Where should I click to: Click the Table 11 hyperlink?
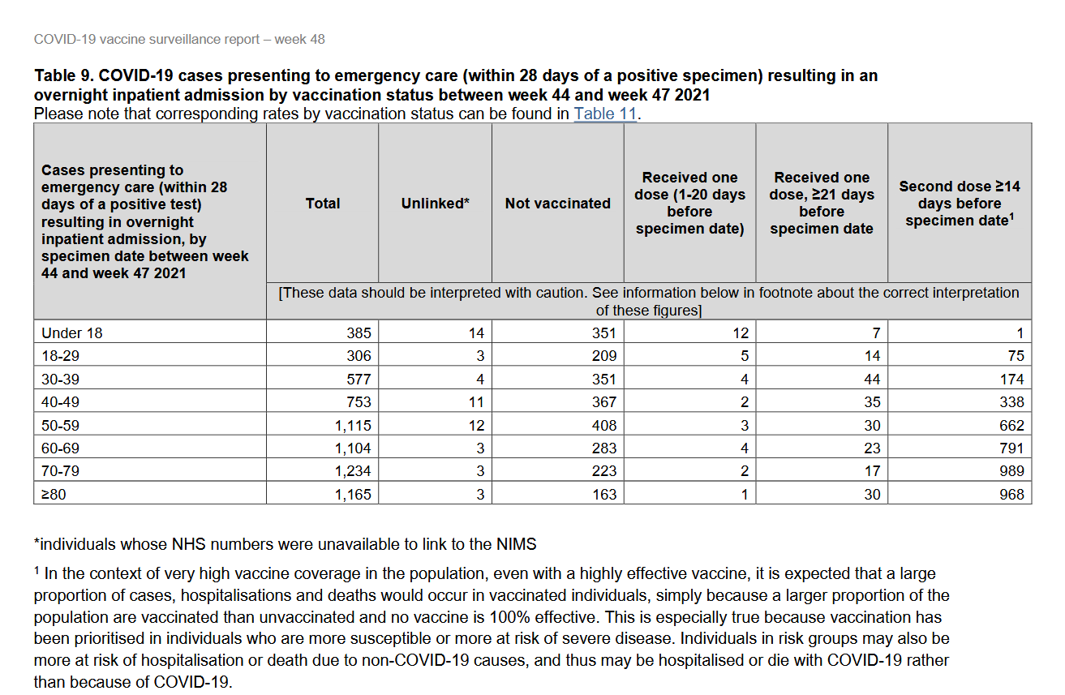pos(605,114)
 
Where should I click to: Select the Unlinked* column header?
pos(435,204)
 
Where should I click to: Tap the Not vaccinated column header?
pos(557,204)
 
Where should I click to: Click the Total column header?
pos(323,204)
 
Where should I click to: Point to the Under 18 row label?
pos(72,332)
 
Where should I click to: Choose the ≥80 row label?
pos(54,494)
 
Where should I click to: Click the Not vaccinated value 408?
pos(603,425)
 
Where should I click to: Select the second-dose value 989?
pos(1011,471)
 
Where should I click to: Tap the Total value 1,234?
pos(353,471)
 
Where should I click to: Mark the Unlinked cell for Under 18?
pos(476,332)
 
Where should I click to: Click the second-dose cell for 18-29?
pos(1016,355)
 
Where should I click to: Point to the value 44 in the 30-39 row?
pos(872,379)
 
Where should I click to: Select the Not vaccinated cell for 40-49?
pos(603,401)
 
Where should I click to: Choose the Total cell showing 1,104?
pos(353,448)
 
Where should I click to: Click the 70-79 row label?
pos(60,471)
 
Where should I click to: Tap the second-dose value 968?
pos(1011,494)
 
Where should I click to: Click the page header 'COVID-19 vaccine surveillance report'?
pos(151,39)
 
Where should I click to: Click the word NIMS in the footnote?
pos(516,544)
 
